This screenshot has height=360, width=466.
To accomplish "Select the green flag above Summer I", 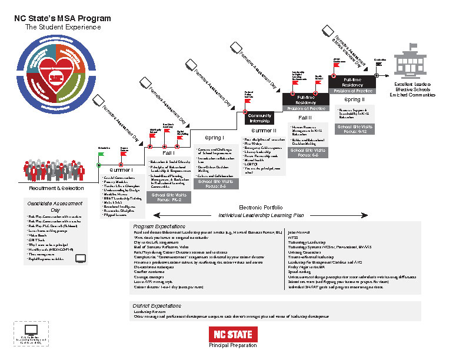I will pyautogui.click(x=101, y=154).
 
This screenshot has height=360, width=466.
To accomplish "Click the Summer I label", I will pyautogui.click(x=121, y=170).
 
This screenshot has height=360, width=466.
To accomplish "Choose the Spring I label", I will pyautogui.click(x=215, y=138).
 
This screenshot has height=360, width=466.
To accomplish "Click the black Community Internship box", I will pyautogui.click(x=259, y=118).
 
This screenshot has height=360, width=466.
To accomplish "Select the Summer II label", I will pyautogui.click(x=264, y=131).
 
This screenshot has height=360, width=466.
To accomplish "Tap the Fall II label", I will pyautogui.click(x=306, y=118).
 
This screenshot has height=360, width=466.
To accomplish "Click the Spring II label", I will pyautogui.click(x=355, y=99).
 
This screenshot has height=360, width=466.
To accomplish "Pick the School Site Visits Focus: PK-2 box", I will pyautogui.click(x=170, y=197).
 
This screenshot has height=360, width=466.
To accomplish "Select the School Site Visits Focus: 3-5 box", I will pyautogui.click(x=216, y=184).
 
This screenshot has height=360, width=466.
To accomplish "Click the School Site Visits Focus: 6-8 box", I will pyautogui.click(x=309, y=153).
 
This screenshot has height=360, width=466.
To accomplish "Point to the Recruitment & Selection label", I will pyautogui.click(x=56, y=188).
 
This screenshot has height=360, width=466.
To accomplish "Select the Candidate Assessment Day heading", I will pyautogui.click(x=56, y=206).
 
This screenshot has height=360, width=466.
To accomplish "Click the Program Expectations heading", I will pyautogui.click(x=155, y=226).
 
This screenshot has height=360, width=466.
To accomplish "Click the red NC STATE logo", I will pyautogui.click(x=233, y=334).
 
